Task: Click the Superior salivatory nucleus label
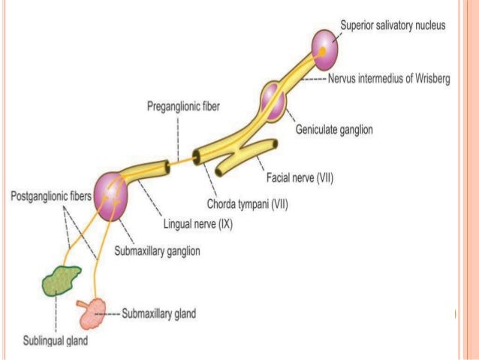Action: click(x=393, y=25)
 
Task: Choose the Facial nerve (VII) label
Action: click(x=300, y=178)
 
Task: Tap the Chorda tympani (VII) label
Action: click(x=247, y=203)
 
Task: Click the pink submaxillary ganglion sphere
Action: click(x=111, y=195)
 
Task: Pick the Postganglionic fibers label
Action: click(x=48, y=195)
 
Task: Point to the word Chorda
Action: click(x=223, y=203)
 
